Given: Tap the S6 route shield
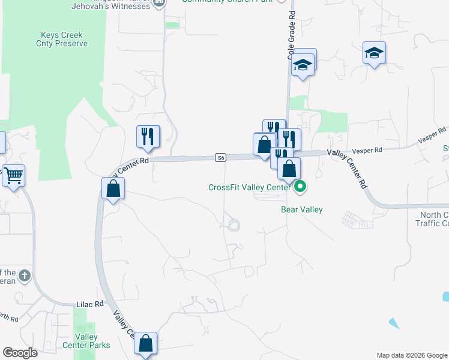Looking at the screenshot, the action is pyautogui.click(x=221, y=157).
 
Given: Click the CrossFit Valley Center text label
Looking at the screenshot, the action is pyautogui.click(x=249, y=187).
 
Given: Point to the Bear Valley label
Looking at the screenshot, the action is pyautogui.click(x=302, y=209).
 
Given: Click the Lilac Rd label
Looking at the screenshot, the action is pyautogui.click(x=91, y=305).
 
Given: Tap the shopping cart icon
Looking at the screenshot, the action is pyautogui.click(x=13, y=176).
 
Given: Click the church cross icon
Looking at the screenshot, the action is pyautogui.click(x=24, y=276).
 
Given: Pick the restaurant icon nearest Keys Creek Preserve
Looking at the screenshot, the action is pyautogui.click(x=148, y=136).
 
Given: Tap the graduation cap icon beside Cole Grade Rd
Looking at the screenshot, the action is pyautogui.click(x=303, y=65).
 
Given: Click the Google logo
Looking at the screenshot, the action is pyautogui.click(x=20, y=353).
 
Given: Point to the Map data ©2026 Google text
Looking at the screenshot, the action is pyautogui.click(x=412, y=355).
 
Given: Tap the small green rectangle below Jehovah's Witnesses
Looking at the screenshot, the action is pyautogui.click(x=172, y=25).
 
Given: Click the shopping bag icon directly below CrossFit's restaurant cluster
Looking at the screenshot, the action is pyautogui.click(x=289, y=169).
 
